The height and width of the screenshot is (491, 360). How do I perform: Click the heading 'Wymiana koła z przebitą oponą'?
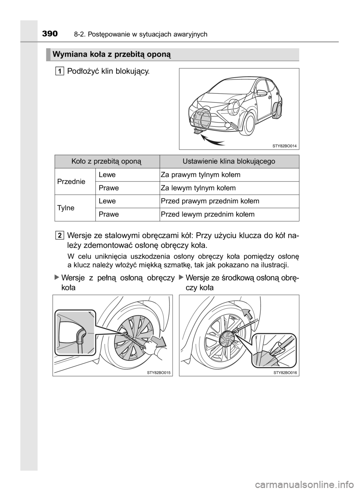(x=112, y=55)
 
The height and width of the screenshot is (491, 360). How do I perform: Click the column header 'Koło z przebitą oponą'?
(x=107, y=161)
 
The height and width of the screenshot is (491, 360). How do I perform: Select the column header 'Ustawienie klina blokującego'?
(x=229, y=161)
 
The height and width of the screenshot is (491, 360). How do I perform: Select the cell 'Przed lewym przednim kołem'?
(x=208, y=214)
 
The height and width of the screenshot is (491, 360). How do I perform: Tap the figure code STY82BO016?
(x=285, y=372)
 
